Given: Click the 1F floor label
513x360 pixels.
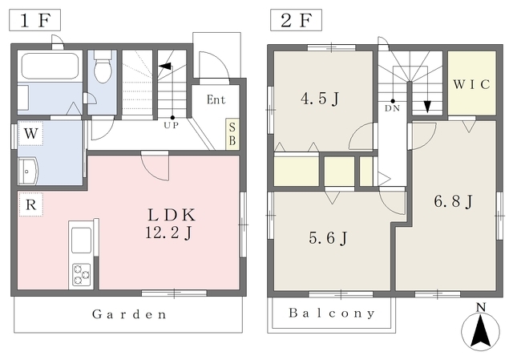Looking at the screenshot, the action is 34,20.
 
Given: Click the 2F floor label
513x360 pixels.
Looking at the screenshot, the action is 296,20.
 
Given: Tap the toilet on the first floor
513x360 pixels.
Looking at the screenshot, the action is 103,67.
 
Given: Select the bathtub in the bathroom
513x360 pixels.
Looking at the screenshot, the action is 50,66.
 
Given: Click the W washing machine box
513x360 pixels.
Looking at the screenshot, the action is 30,133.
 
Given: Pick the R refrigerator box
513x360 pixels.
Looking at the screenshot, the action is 30,204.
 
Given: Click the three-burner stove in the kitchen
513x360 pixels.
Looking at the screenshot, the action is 82,275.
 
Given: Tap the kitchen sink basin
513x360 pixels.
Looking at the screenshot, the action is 81,241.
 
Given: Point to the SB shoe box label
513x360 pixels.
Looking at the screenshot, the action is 232,134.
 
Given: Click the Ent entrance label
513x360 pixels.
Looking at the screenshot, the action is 216,99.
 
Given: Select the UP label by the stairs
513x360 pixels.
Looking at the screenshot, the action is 171,125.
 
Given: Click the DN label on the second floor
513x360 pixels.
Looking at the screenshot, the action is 392,108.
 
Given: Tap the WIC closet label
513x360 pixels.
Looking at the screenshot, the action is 471,84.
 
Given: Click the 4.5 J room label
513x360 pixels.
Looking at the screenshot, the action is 320,99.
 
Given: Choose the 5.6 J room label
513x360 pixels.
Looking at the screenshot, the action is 328,238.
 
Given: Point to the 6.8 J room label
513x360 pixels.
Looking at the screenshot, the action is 453,201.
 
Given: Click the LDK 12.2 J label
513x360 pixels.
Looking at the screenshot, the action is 171,224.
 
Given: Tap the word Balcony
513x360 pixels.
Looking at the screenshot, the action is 331,313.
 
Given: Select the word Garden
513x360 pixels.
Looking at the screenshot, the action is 129,314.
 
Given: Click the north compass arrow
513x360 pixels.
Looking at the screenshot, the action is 481,330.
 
